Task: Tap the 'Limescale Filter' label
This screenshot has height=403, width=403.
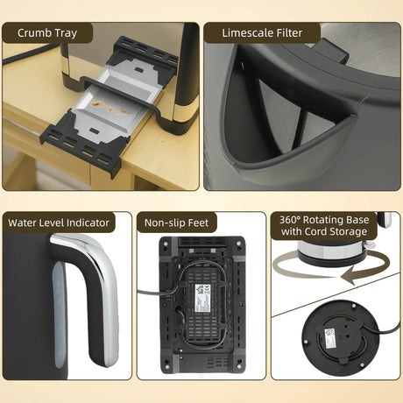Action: [262, 33]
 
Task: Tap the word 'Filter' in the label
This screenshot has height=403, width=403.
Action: [285, 33]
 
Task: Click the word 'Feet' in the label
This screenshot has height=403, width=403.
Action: [198, 223]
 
